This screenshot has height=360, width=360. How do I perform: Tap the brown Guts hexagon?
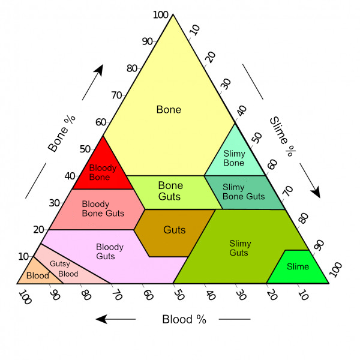pos(175,230)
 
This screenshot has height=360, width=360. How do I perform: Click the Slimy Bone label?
pos(234,158)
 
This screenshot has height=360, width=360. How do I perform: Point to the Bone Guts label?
pos(170,191)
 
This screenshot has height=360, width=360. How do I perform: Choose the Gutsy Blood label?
pos(64,269)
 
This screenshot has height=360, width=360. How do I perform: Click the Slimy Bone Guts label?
pos(243,192)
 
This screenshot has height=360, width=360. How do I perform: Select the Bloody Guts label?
pos(110,251)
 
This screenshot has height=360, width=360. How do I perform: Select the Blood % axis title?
pos(184,319)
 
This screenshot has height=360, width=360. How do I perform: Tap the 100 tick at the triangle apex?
pos(160,14)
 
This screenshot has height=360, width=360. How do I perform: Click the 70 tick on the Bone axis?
pos(116,95)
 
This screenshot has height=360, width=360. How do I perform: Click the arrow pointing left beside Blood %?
pos(116,319)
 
